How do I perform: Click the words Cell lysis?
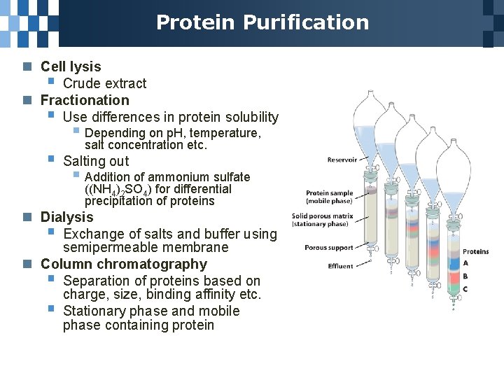[71, 66]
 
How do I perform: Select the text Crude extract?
[104, 83]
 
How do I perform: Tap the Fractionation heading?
[85, 100]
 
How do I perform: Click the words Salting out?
[96, 161]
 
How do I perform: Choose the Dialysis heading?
[66, 217]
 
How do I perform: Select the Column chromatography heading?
[124, 264]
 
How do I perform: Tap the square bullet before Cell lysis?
[27, 67]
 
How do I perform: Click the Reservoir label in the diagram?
[342, 160]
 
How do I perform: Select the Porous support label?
[328, 247]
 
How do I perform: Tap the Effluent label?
[340, 266]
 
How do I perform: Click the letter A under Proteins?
[465, 263]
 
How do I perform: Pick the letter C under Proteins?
[465, 289]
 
